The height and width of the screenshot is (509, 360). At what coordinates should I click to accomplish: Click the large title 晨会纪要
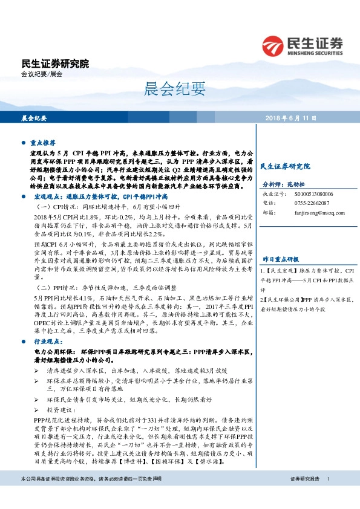[x=180, y=90]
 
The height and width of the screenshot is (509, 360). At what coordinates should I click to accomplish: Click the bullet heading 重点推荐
[x=44, y=143]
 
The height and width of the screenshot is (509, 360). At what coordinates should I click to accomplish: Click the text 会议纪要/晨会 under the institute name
[x=42, y=74]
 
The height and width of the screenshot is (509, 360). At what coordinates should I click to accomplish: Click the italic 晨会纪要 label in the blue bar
[x=34, y=118]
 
